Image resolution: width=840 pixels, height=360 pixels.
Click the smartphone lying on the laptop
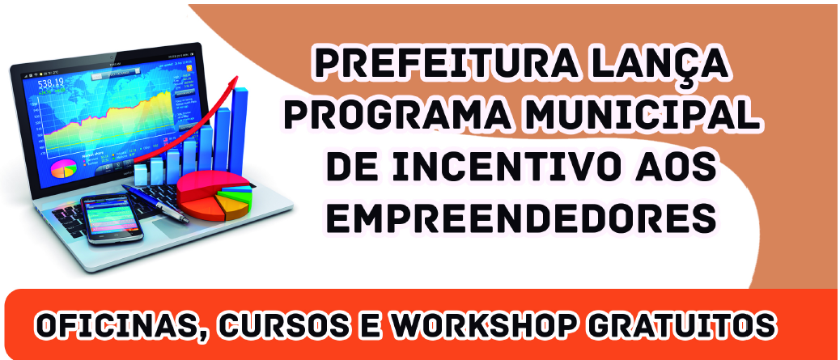point(112,218)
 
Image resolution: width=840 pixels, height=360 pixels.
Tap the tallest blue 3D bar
point(239,131)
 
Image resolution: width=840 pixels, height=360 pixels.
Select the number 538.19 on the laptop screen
point(50,83)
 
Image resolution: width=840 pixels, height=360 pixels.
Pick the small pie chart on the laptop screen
point(64,169)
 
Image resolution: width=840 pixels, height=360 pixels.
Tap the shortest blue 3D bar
point(140,173)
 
